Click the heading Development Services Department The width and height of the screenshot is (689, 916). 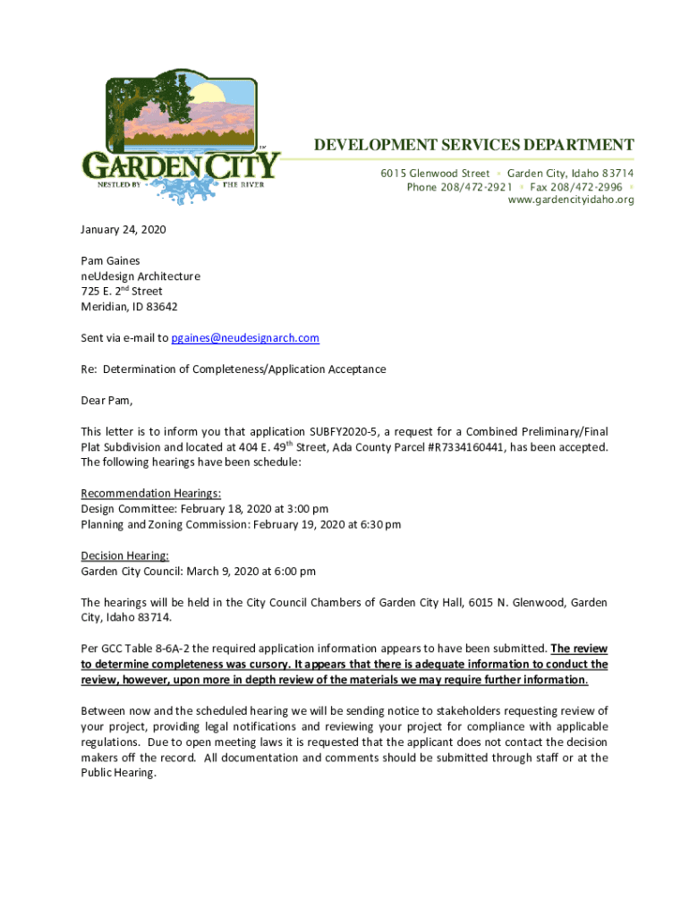(x=472, y=145)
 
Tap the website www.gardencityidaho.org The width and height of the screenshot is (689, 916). (x=571, y=199)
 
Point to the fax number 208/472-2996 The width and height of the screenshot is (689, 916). (x=576, y=187)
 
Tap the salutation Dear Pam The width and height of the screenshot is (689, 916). (x=106, y=400)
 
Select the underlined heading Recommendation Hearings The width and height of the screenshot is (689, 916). (x=151, y=493)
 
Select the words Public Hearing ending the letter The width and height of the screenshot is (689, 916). (x=117, y=774)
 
